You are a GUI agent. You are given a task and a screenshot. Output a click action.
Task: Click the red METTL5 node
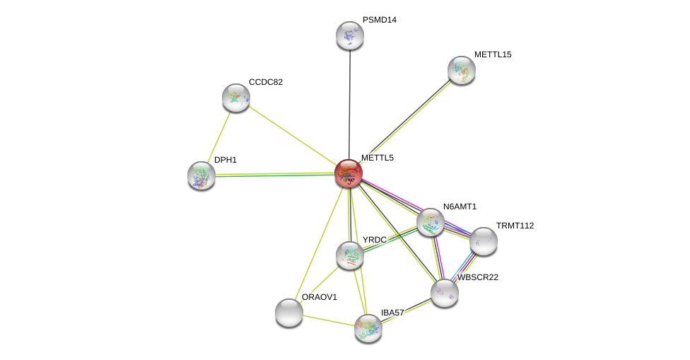click(x=349, y=173)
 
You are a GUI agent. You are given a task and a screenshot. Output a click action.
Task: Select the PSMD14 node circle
click(x=349, y=35)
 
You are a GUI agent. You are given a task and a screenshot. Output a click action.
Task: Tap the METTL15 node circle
click(x=462, y=70)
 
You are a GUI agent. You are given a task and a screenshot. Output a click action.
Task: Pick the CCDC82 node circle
click(x=236, y=98)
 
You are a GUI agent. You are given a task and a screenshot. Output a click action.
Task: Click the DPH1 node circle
click(x=201, y=175)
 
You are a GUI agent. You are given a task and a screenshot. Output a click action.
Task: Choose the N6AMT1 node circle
click(x=431, y=222)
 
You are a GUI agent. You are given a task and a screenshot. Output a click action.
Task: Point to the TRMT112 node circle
click(x=484, y=241)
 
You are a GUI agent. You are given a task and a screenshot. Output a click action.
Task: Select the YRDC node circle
click(x=350, y=255)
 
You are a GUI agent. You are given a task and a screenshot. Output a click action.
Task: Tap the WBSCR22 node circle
click(x=445, y=293)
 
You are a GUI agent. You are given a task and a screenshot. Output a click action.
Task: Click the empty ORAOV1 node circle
click(x=289, y=313)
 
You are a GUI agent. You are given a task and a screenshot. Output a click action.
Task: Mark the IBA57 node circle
click(x=368, y=328)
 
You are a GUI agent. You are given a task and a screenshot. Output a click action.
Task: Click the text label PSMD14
click(x=380, y=20)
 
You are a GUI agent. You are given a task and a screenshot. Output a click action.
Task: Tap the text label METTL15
click(x=493, y=54)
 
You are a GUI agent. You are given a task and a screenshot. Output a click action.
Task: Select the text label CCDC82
click(x=266, y=82)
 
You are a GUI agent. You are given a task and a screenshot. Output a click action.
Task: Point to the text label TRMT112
click(x=515, y=226)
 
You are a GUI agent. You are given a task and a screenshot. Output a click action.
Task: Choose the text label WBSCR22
click(x=478, y=277)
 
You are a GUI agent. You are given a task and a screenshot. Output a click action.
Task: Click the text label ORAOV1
click(x=320, y=297)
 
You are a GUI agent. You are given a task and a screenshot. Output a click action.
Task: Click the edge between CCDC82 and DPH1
click(x=219, y=136)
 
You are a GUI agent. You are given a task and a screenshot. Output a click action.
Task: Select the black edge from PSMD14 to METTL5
click(x=349, y=99)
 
